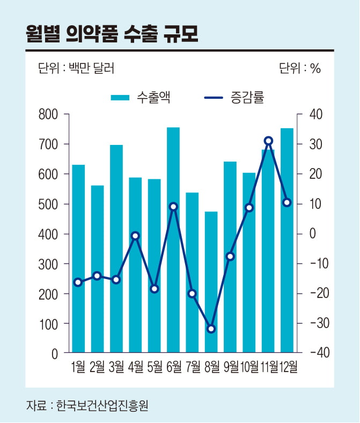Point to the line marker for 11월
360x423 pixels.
[268, 141]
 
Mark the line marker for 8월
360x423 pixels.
[211, 329]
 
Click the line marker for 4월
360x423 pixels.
[135, 236]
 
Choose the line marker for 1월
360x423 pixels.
[78, 282]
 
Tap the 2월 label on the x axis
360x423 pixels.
[98, 367]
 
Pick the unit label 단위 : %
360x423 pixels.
[299, 69]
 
